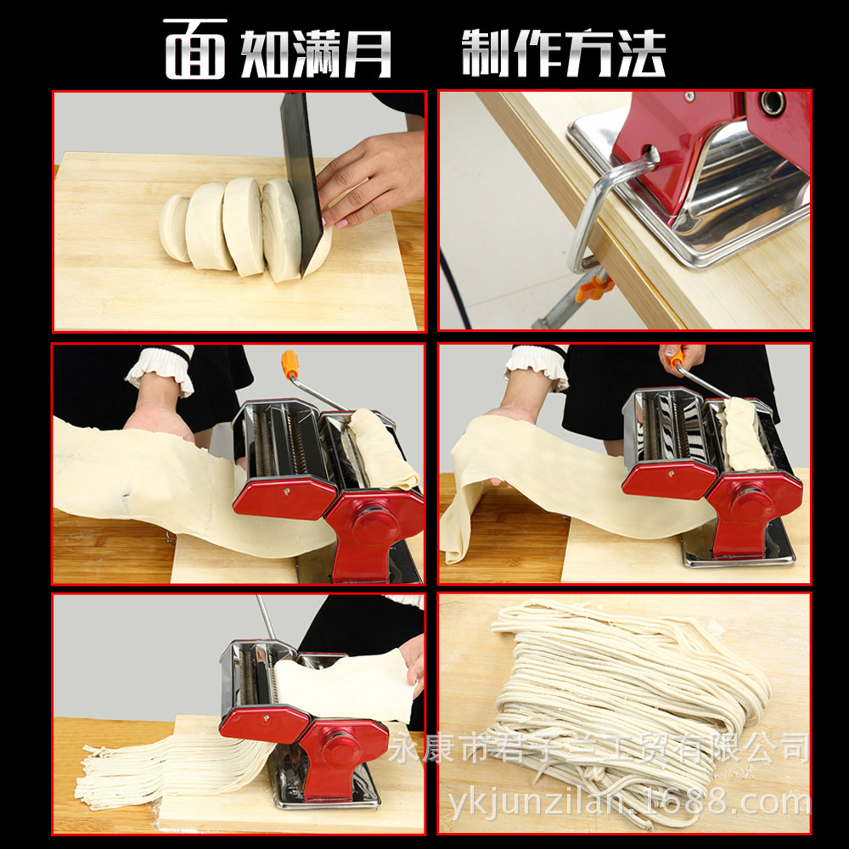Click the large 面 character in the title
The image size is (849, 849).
(x=195, y=49)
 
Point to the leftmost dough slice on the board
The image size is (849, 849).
(x=174, y=228)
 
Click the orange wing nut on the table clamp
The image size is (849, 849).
(x=593, y=286)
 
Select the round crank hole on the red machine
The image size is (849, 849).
(x=772, y=103)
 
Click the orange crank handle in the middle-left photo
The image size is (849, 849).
(x=290, y=363)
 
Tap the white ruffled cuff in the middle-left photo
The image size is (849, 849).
(x=162, y=368)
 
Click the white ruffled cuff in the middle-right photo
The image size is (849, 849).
(x=537, y=366)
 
